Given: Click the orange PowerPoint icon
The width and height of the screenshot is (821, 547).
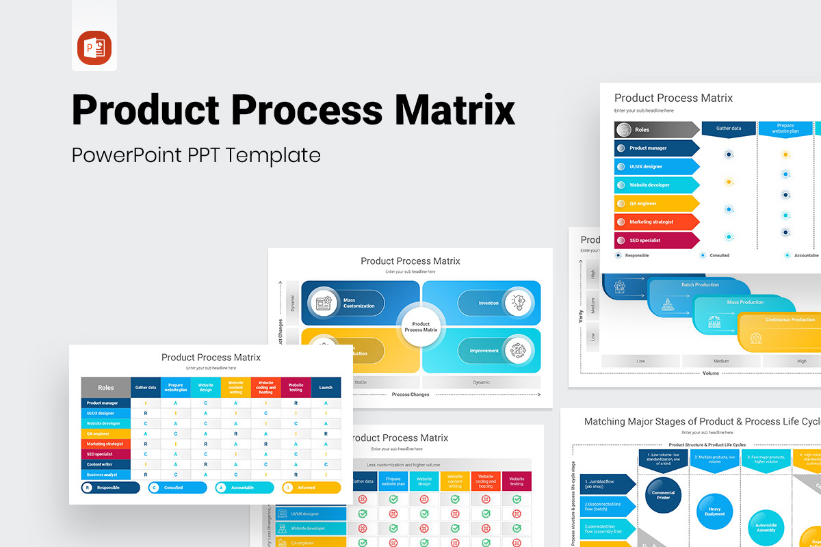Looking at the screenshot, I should click(94, 49).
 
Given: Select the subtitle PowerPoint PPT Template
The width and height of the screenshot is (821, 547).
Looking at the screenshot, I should click(196, 155).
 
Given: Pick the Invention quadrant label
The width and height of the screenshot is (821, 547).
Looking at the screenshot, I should click(488, 303).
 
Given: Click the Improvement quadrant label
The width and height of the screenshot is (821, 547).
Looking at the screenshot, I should click(484, 351).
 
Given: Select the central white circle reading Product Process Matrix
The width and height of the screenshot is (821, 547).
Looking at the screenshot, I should click(421, 327).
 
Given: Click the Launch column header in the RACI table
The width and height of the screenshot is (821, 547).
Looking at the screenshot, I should click(326, 388).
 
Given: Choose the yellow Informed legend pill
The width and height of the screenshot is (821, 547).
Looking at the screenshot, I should click(311, 488).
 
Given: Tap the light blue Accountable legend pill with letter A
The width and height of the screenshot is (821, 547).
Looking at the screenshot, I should click(244, 488).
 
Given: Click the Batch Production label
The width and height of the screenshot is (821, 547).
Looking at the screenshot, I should click(700, 284).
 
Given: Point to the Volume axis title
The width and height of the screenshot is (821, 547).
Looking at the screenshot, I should click(711, 373).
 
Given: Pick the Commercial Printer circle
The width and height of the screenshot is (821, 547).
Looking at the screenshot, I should click(663, 495).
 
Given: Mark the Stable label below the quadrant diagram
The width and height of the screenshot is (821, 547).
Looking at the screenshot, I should click(361, 382).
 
